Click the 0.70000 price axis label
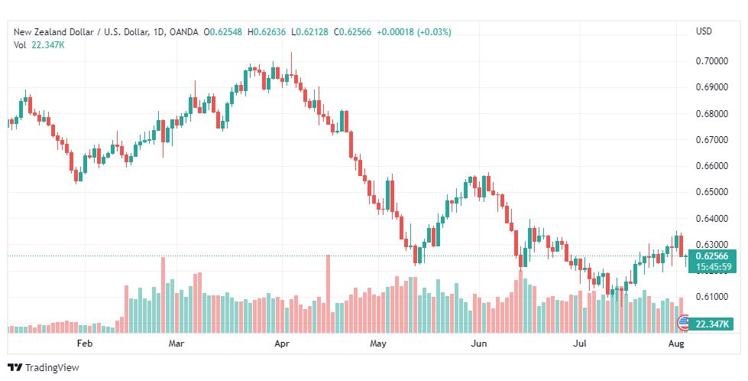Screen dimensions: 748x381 click(712, 61)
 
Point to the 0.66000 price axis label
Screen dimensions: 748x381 click(712, 166)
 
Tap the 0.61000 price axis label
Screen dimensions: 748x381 click(712, 297)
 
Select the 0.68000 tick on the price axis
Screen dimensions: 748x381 click(712, 114)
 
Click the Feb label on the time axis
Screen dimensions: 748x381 click(85, 344)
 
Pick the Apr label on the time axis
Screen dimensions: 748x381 click(283, 344)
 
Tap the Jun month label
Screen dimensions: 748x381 click(478, 344)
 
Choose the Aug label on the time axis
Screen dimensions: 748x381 click(676, 344)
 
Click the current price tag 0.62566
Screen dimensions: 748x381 click(712, 256)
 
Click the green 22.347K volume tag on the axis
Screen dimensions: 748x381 click(712, 324)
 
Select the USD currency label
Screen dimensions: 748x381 click(704, 31)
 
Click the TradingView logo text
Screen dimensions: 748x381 click(51, 368)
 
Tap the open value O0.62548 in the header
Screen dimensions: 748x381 click(223, 32)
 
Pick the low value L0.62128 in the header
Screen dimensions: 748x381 click(309, 32)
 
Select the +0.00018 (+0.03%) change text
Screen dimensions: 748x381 click(414, 32)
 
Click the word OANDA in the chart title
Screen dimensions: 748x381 click(183, 32)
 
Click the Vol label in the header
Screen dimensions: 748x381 click(20, 45)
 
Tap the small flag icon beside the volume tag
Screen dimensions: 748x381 click(684, 323)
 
